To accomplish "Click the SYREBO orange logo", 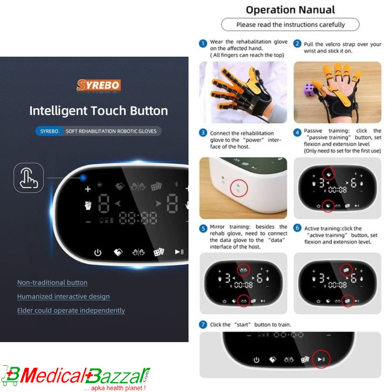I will coord(99,85).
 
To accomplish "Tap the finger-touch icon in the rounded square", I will coord(29,178).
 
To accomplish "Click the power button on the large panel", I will coord(98,253).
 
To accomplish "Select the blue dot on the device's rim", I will coord(83,177).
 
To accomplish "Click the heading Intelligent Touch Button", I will coord(98,111).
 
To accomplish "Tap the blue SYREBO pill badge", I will coord(49,131).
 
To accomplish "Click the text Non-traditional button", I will coord(52,283).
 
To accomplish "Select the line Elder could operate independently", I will coord(71,310).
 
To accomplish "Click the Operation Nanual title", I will coord(290,10).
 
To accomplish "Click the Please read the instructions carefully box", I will coord(290,25).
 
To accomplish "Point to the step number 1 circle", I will coord(203,43).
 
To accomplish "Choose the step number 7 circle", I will coord(203,324).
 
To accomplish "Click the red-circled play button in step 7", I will coord(321,359).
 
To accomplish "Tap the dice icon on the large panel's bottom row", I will coord(159,252).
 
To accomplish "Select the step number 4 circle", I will coord(297,133).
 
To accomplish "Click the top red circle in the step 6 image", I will coord(346,270).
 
